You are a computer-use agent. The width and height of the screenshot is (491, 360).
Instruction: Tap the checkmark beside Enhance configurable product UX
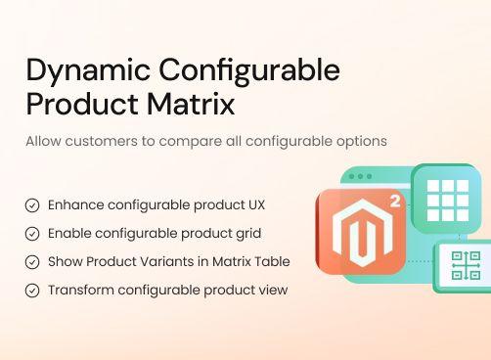tap(32, 205)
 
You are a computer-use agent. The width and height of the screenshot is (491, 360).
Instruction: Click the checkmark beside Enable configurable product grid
tap(32, 234)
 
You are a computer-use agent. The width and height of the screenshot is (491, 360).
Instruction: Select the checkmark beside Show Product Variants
tap(32, 262)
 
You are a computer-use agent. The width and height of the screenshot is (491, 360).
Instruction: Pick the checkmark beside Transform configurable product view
tap(32, 291)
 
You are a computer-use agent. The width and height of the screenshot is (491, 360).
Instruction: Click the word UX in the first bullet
tap(254, 205)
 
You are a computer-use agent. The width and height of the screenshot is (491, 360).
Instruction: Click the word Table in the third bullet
tap(271, 262)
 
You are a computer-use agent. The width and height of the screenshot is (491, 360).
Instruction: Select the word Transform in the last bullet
tap(80, 291)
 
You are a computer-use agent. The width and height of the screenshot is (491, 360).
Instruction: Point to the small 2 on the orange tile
tap(393, 203)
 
